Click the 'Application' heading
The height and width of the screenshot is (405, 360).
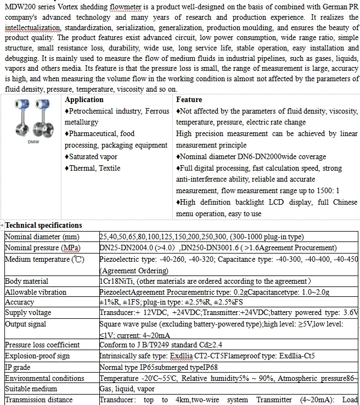(x=84, y=100)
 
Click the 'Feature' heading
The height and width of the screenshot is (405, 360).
(x=189, y=100)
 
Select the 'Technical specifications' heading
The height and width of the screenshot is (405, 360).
(x=43, y=225)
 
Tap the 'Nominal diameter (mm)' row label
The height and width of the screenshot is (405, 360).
(x=41, y=237)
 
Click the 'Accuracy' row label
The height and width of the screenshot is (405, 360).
(x=19, y=302)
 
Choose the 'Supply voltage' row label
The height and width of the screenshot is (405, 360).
(x=28, y=312)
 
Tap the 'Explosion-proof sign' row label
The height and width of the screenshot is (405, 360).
(x=37, y=356)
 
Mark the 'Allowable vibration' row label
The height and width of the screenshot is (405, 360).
(x=36, y=292)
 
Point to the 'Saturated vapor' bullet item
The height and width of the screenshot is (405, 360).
(x=93, y=157)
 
